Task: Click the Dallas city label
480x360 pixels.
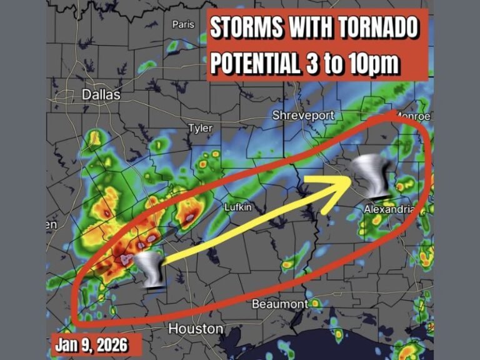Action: tap(101, 95)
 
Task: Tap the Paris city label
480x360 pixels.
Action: tap(184, 24)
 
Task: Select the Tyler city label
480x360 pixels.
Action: tap(201, 128)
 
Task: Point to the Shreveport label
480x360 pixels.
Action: tap(303, 116)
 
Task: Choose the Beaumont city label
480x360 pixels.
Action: tap(279, 304)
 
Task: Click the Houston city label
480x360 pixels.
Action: tap(196, 329)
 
